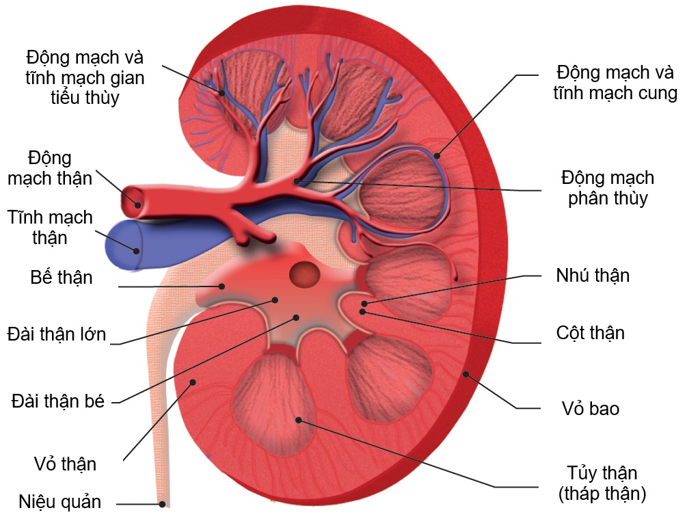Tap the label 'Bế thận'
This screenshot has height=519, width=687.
62,278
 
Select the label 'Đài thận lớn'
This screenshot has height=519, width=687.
57,334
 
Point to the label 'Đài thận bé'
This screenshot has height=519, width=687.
58,401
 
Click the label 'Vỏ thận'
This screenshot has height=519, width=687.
65,464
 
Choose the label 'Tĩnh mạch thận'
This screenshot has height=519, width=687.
50,228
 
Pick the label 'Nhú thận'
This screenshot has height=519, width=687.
593,276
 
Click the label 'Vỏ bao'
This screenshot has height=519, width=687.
590,409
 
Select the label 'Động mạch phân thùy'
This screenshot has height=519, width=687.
608,188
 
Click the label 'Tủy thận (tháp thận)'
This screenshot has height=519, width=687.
602,483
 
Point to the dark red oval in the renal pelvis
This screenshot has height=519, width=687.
304,275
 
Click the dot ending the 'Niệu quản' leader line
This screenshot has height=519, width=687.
163,505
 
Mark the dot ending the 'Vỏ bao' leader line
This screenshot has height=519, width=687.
466,373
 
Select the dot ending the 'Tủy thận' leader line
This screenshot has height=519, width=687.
299,419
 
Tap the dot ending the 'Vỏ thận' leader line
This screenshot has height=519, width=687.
193,382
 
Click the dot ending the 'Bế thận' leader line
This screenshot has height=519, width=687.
221,287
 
